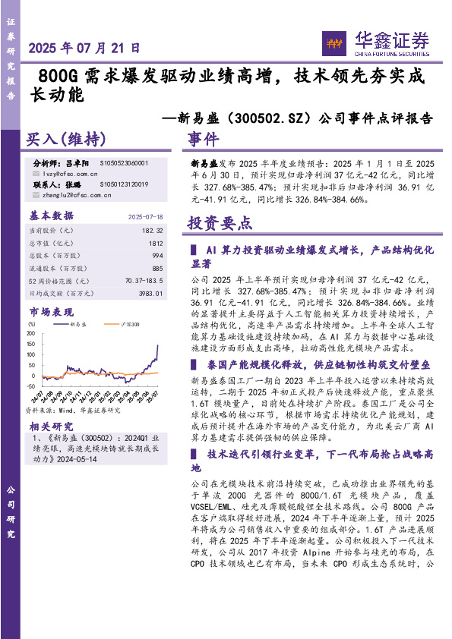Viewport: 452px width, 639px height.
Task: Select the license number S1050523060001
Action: point(125,163)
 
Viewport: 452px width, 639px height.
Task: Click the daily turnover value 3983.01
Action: point(150,292)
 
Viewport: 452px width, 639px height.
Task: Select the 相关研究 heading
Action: point(51,427)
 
